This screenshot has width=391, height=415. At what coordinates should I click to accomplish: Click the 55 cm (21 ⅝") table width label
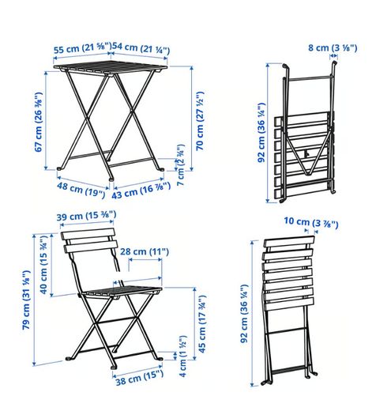82,48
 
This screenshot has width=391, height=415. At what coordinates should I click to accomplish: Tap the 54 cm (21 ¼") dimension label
141,48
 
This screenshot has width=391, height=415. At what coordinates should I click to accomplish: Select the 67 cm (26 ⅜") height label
39,122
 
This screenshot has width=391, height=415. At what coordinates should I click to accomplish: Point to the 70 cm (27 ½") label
200,121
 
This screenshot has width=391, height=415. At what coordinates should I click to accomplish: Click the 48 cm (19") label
81,190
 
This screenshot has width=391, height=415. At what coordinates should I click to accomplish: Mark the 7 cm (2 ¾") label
180,165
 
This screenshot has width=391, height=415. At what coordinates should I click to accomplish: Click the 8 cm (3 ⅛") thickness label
333,48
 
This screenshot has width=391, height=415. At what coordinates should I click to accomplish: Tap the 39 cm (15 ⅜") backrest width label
86,216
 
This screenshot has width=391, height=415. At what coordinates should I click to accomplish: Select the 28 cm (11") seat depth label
145,251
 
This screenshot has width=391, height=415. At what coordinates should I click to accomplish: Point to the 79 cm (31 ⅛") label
26,300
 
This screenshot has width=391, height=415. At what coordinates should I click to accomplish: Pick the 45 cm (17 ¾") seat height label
202,324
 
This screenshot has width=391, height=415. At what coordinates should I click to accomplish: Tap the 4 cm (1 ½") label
182,357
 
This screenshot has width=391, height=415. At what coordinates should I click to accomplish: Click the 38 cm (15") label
140,378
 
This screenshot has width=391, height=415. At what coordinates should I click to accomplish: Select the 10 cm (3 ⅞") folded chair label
311,223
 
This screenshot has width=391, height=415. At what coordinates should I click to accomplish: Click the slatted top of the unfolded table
111,67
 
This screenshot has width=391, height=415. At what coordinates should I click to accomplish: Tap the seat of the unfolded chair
122,292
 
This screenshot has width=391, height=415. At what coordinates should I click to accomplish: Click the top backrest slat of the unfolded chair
88,234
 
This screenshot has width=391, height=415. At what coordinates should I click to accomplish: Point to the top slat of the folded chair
289,242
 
